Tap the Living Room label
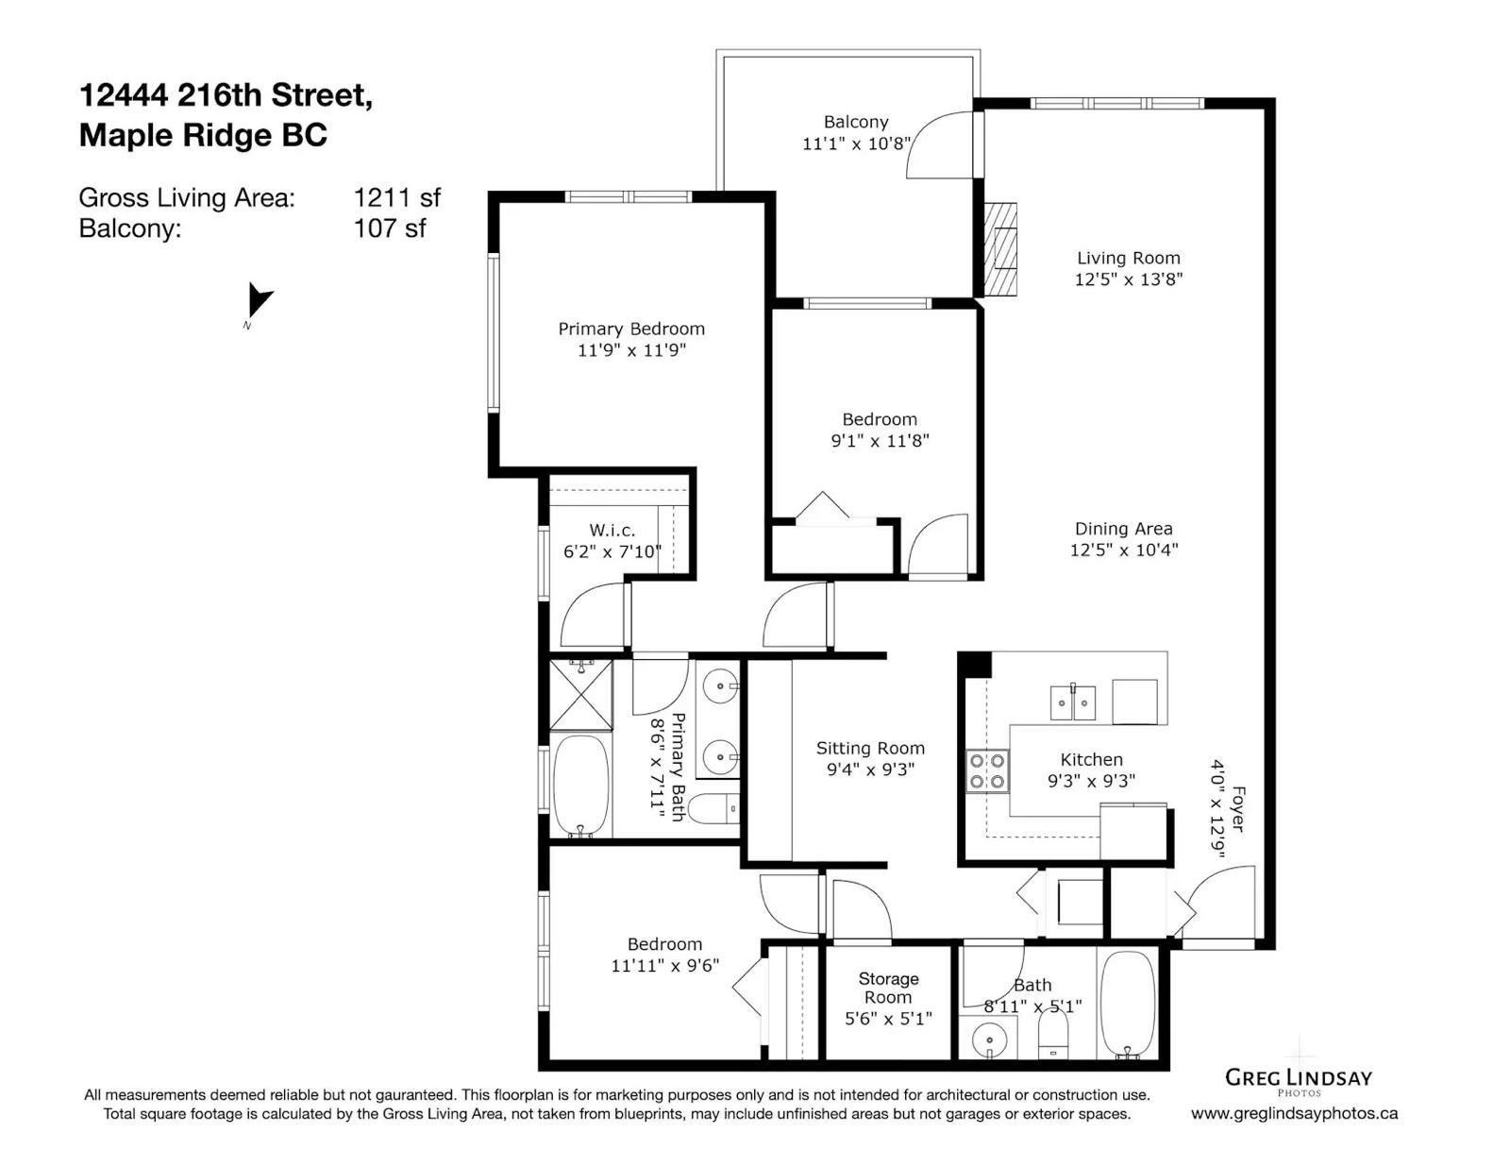click(x=1128, y=258)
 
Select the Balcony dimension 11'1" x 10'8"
click(x=855, y=144)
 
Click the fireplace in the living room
click(x=1000, y=249)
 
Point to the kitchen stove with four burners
click(x=987, y=770)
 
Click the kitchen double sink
click(x=1072, y=702)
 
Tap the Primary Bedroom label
click(x=631, y=329)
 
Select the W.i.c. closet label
click(x=612, y=531)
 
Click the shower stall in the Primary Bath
click(x=581, y=695)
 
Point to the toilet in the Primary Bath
click(x=716, y=809)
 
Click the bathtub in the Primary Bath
click(x=581, y=786)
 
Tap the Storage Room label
click(x=888, y=988)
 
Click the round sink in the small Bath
click(x=987, y=1040)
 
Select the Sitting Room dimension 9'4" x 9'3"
click(x=870, y=770)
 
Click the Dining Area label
click(x=1124, y=529)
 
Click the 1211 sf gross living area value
click(x=396, y=198)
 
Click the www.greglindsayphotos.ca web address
click(x=1294, y=1113)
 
